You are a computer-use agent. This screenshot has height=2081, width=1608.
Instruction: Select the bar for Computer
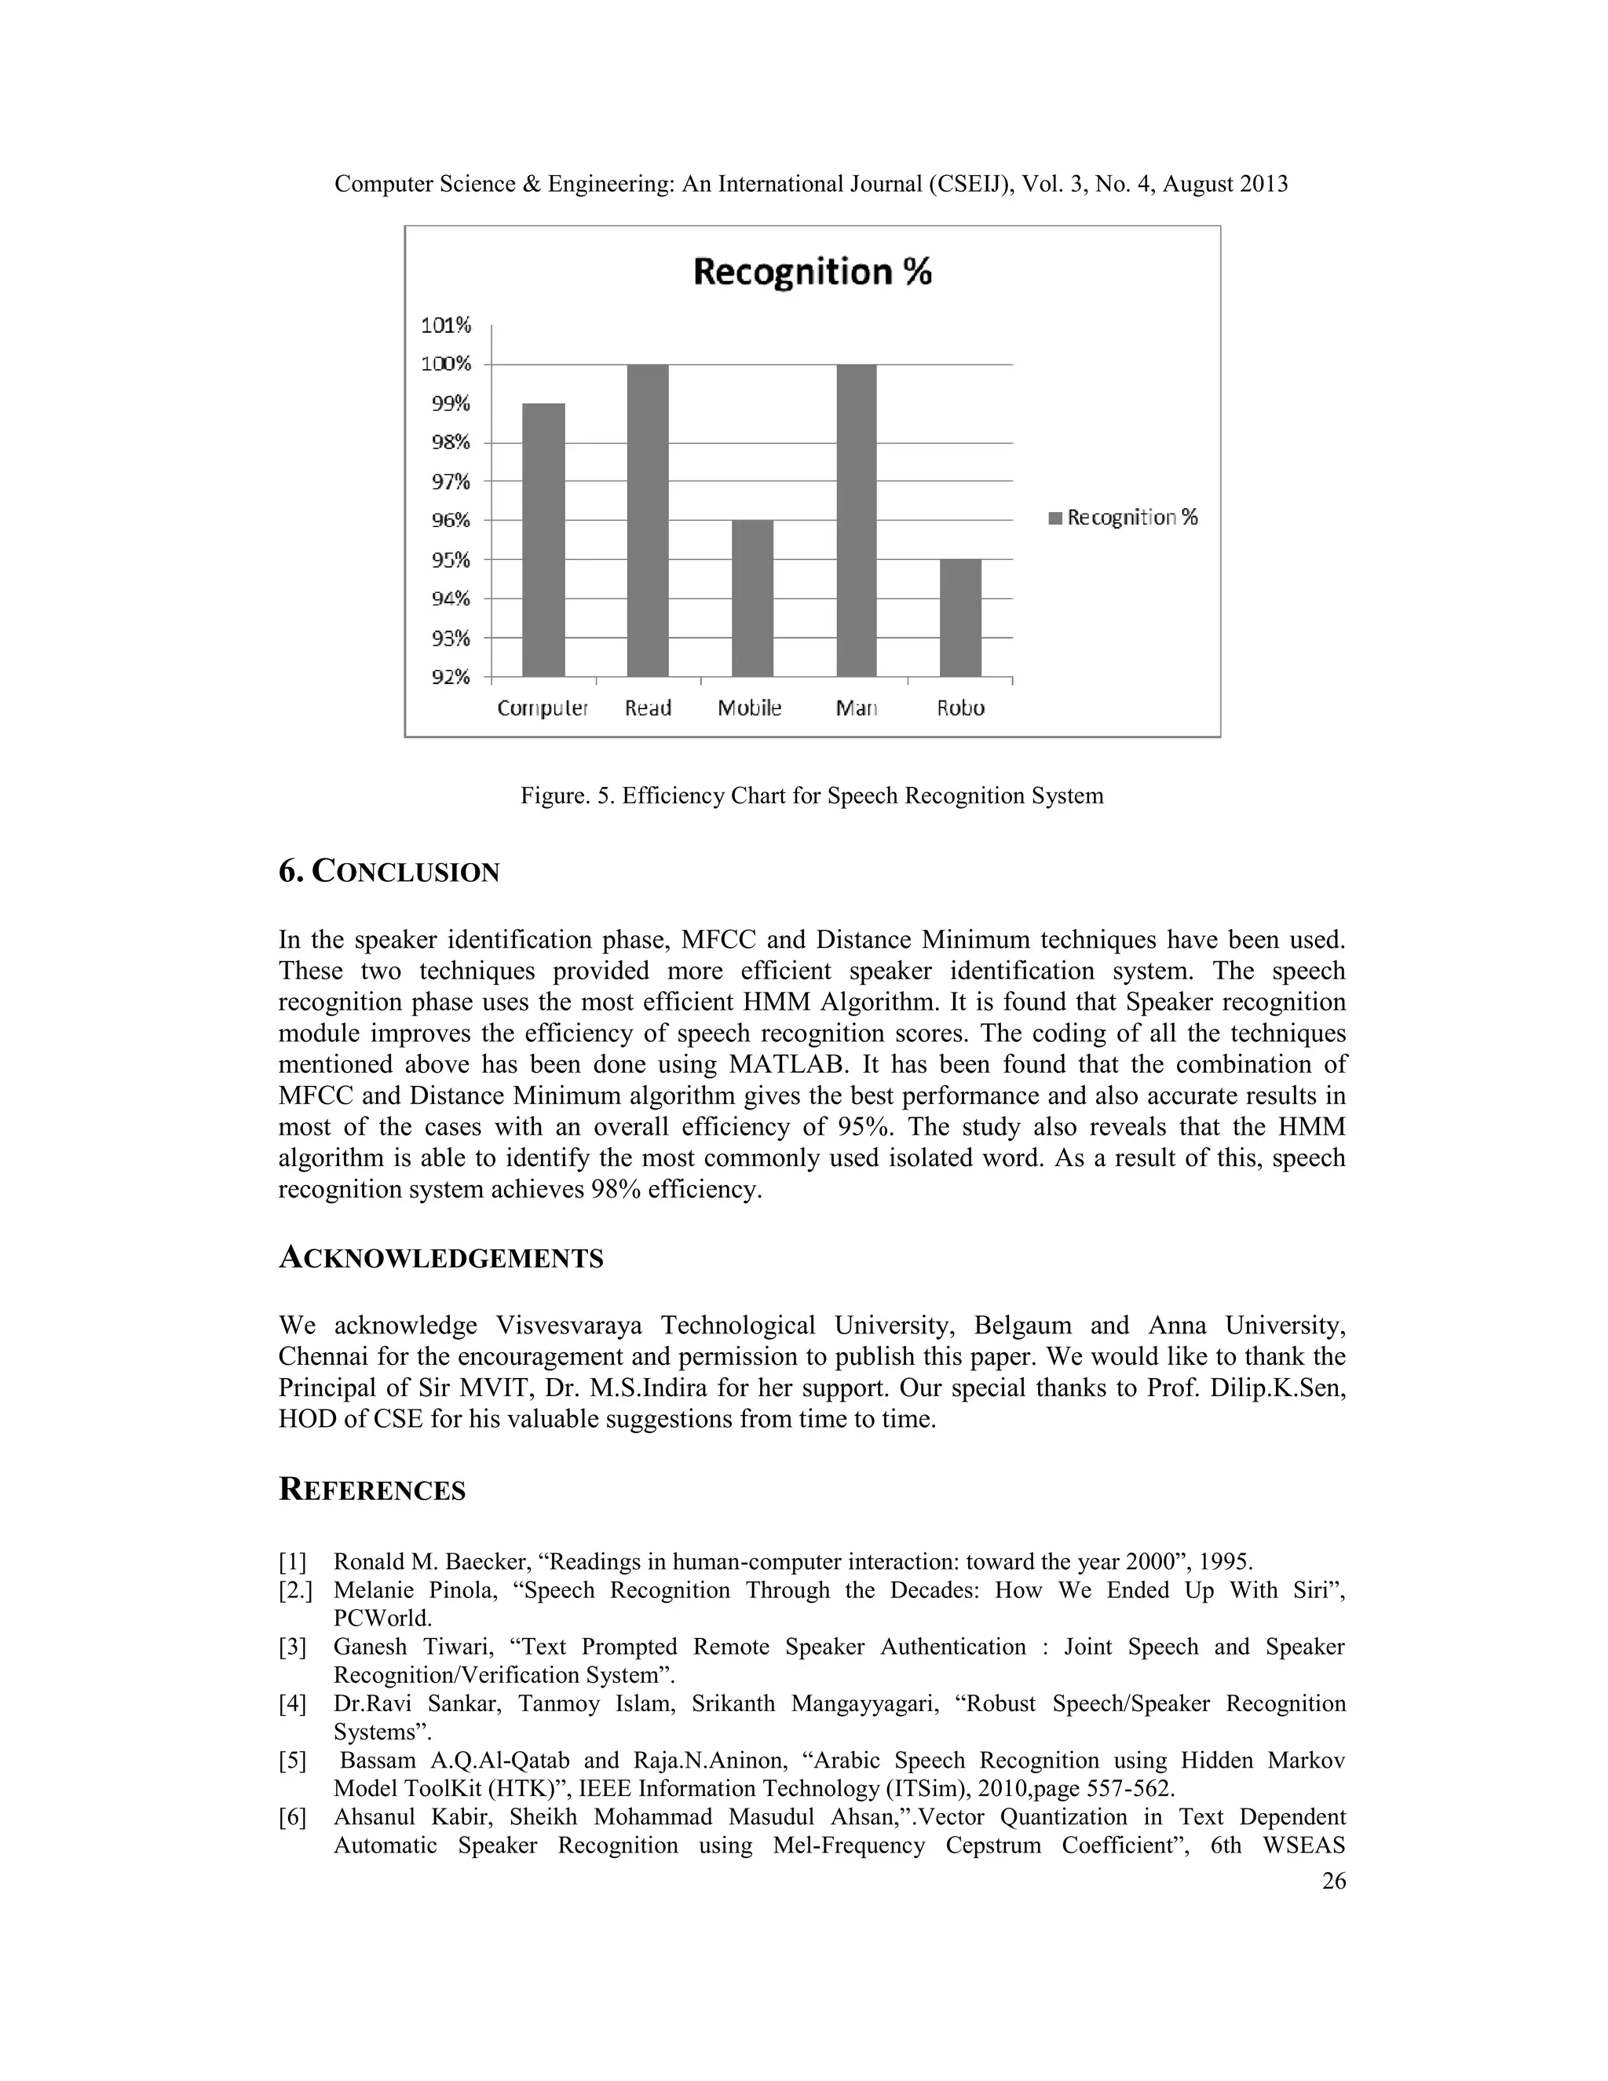click(x=543, y=539)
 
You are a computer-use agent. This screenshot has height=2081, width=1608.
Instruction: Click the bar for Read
click(x=648, y=520)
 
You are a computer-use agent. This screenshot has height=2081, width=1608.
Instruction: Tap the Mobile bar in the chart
click(x=752, y=598)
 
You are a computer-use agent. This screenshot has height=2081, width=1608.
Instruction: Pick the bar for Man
click(x=857, y=520)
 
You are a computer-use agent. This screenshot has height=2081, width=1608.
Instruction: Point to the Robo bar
click(x=960, y=617)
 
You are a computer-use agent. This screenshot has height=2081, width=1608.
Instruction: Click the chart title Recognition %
click(x=812, y=272)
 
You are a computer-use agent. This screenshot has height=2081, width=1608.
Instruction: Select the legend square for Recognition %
click(x=1054, y=518)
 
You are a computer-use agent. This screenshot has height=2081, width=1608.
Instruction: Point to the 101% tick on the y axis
click(x=446, y=326)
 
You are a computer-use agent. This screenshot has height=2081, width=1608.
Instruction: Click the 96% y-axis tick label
click(x=451, y=520)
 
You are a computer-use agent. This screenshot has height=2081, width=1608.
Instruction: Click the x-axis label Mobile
click(x=750, y=708)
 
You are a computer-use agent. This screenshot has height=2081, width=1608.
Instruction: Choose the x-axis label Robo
click(x=960, y=708)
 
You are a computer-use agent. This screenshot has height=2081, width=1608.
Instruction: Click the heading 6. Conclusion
click(x=389, y=871)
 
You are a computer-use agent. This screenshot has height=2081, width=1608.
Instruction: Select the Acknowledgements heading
click(x=441, y=1258)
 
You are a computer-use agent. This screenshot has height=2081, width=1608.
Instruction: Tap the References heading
click(x=371, y=1490)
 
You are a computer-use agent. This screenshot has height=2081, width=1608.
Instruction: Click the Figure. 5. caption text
click(x=812, y=795)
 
